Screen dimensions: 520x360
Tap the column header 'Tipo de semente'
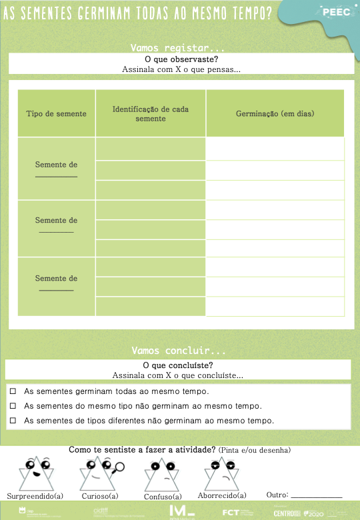pos(57,114)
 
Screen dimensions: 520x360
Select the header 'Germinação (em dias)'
pos(275,114)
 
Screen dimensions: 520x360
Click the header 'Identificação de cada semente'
pos(151,113)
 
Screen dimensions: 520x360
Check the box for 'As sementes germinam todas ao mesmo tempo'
pos(13,391)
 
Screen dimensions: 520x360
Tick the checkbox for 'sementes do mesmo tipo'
pos(13,406)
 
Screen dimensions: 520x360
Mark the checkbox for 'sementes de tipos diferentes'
pos(13,421)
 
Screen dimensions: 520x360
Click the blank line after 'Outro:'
pos(317,496)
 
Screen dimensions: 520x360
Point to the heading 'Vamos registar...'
pos(178,48)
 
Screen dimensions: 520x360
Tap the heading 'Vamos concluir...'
pos(179,350)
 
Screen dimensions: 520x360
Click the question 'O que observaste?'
pos(181,59)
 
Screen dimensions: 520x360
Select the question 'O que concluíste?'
pos(178,365)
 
